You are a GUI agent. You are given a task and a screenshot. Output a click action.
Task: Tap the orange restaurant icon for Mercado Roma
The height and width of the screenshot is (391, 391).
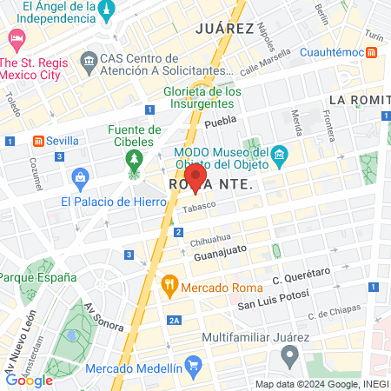(x=169, y=283)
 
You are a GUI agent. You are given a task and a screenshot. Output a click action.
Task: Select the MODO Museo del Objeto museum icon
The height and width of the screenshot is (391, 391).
(x=280, y=156)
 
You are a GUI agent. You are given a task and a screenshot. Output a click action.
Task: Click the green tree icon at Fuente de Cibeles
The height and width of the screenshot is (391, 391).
(x=134, y=160)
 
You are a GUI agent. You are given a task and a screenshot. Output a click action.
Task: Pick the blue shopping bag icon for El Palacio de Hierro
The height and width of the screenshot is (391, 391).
(x=80, y=179)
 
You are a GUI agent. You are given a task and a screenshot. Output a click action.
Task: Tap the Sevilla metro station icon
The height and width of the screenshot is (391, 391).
(x=38, y=141)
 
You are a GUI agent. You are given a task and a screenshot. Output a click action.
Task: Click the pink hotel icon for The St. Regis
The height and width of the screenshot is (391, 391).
(x=16, y=39)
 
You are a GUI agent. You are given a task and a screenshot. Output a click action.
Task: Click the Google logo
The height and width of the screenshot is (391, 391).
(x=30, y=380)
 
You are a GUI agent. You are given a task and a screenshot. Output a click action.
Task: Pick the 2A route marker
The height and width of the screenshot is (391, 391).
(x=175, y=321)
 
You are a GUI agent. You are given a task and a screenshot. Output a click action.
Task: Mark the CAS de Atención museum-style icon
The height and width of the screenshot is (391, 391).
(x=88, y=60)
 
